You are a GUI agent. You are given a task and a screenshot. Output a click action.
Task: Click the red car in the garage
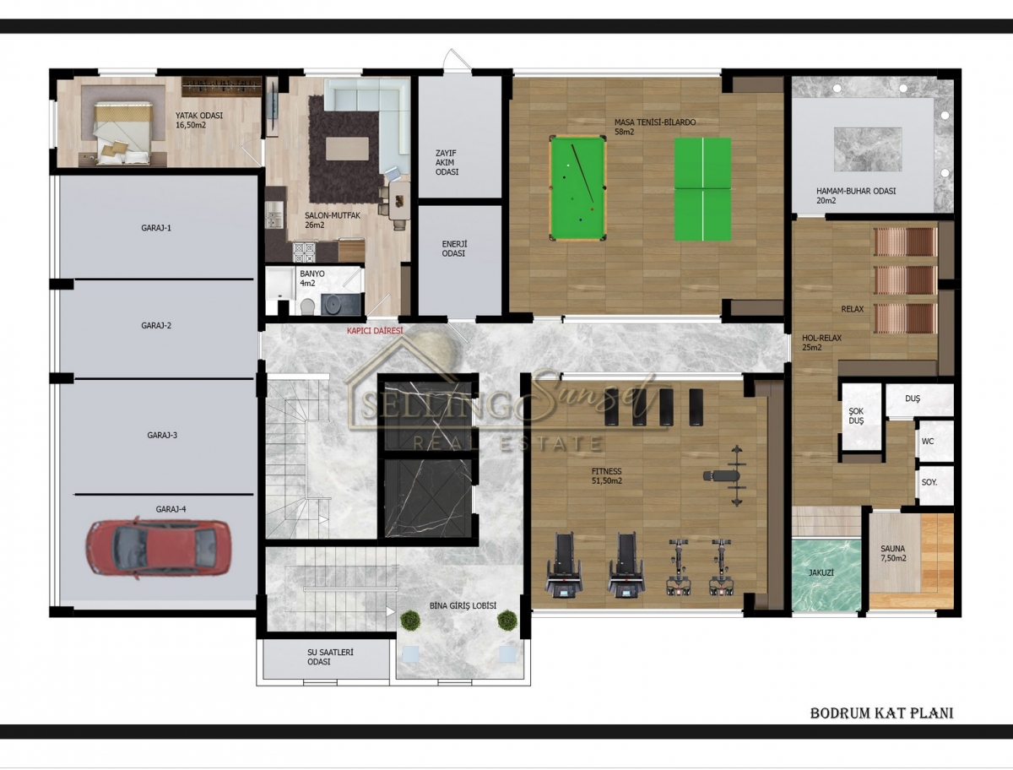158,548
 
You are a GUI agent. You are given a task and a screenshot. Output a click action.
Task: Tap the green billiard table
577,188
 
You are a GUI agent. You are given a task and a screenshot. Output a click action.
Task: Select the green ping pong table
703,189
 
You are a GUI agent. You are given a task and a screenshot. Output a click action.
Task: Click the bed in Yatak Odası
122,133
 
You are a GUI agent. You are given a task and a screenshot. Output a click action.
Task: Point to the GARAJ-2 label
156,325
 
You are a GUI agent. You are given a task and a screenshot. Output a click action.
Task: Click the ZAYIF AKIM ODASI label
447,162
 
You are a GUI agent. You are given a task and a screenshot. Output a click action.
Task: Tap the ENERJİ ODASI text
454,249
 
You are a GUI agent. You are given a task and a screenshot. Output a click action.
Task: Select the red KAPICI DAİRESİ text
375,331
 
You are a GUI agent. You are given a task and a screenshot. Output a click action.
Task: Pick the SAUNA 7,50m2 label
893,554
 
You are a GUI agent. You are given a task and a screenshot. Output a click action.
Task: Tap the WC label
928,442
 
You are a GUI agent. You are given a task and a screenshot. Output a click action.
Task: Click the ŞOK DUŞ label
856,415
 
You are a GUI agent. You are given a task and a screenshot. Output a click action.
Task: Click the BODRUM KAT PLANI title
881,713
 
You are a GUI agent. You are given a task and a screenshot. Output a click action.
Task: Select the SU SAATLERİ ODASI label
330,657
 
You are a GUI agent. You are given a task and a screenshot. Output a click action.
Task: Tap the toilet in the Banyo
307,306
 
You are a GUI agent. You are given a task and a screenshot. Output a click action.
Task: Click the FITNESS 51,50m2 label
607,476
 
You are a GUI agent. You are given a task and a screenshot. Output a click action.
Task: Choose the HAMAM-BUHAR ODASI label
856,196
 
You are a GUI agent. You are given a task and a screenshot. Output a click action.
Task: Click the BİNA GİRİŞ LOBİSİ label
463,605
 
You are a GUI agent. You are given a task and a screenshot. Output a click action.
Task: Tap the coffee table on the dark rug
347,149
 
